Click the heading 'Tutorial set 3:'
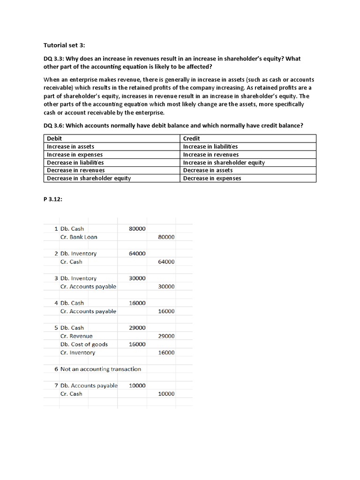[65, 45]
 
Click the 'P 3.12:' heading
[53, 199]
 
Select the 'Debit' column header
[55, 138]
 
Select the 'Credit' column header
[192, 138]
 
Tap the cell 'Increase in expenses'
[75, 154]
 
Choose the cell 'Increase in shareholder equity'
[224, 162]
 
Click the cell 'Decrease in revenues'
[75, 170]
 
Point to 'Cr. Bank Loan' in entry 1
[79, 237]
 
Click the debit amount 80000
[137, 229]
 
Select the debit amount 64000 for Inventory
[137, 254]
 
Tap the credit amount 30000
[166, 286]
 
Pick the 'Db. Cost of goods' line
[84, 345]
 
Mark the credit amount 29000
[166, 336]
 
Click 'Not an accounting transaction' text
[100, 369]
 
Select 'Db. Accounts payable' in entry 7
[89, 386]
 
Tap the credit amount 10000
[166, 394]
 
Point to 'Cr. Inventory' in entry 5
[78, 352]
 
